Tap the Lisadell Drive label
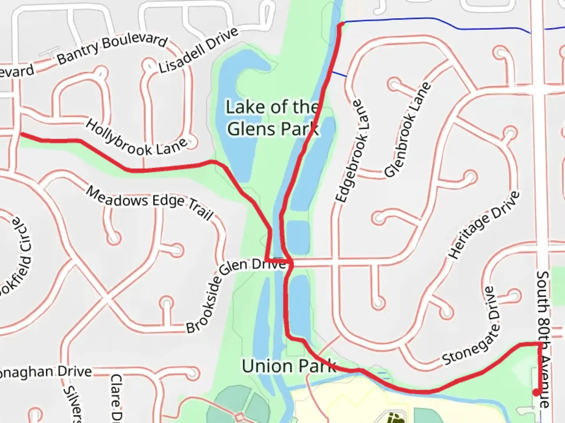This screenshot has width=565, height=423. tap(198, 50)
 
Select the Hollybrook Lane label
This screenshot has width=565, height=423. tap(136, 138)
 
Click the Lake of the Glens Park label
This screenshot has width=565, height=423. tap(273, 117)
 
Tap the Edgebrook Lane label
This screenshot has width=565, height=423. tap(352, 152)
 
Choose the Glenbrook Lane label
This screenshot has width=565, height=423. tap(407, 130)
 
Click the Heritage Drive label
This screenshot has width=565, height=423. tap(484, 225)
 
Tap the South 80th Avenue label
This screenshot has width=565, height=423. tap(544, 339)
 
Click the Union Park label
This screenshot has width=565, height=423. tap(289, 366)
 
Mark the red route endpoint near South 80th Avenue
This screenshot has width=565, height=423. tap(536, 392)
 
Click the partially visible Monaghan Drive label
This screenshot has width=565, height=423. tap(45, 372)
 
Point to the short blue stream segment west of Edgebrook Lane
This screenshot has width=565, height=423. tap(339, 74)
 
